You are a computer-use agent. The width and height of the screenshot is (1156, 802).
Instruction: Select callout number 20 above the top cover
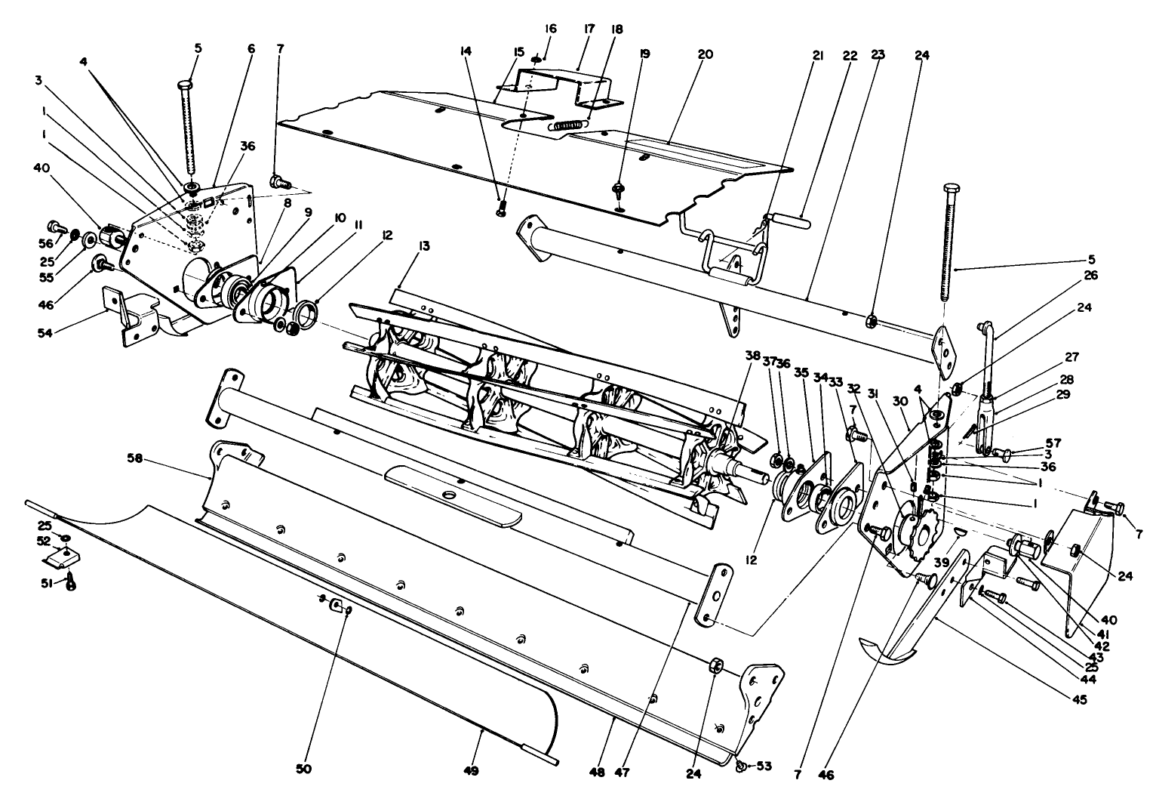coord(705,54)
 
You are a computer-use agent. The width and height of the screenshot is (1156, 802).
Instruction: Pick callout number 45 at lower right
coord(1079,700)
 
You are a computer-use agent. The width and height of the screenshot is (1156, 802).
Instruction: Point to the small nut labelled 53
coord(740,766)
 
